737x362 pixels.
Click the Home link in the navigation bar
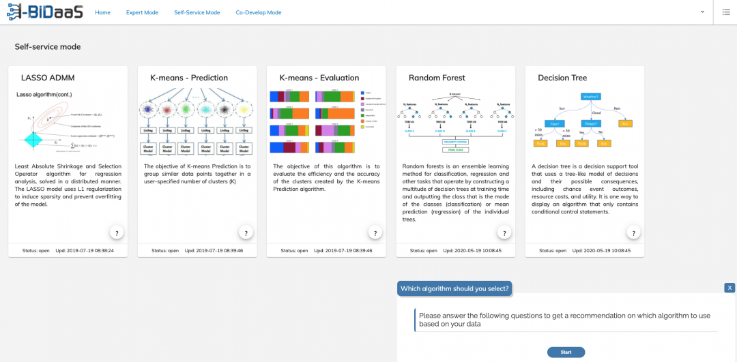[102, 12]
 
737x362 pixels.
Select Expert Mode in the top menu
[142, 12]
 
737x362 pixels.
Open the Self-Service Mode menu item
[197, 12]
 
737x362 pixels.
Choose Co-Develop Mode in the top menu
[258, 12]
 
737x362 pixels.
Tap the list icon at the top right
[726, 12]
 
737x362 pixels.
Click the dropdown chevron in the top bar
[703, 12]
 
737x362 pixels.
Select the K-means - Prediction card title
[189, 78]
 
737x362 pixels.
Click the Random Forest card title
[437, 78]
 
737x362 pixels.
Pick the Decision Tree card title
[562, 78]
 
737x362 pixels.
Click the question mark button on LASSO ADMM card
[117, 233]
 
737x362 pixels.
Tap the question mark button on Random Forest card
[504, 233]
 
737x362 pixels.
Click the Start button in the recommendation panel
[566, 352]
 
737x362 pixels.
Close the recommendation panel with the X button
[729, 288]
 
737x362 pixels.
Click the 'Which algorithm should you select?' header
[454, 288]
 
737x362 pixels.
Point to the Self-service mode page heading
[48, 47]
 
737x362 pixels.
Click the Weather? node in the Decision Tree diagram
[591, 97]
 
